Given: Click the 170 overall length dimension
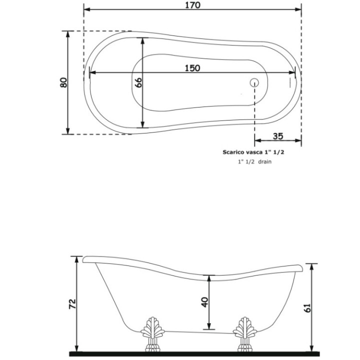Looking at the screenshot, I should [x=192, y=5].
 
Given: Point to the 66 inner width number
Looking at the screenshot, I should [x=138, y=82].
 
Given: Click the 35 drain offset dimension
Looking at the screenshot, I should [x=278, y=136].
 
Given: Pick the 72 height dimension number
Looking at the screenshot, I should [x=71, y=303].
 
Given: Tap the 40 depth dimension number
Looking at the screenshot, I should [x=204, y=302].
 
